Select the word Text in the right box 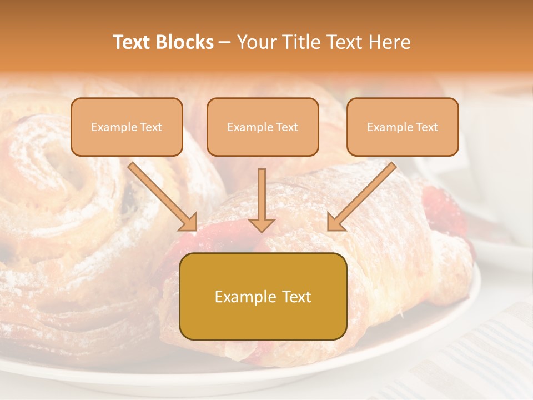point(426,127)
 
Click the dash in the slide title point(225,43)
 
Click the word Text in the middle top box point(286,127)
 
